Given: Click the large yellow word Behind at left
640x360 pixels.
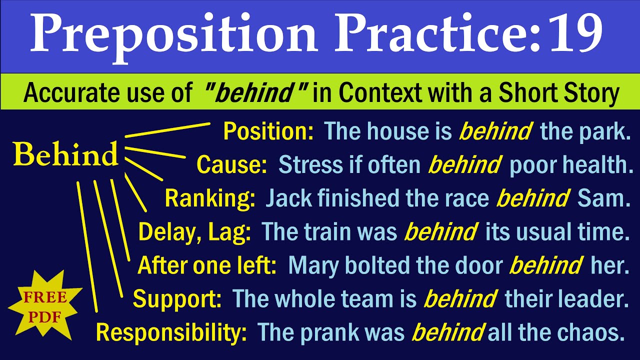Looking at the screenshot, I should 66,155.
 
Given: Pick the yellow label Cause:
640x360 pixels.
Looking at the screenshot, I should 231,165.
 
